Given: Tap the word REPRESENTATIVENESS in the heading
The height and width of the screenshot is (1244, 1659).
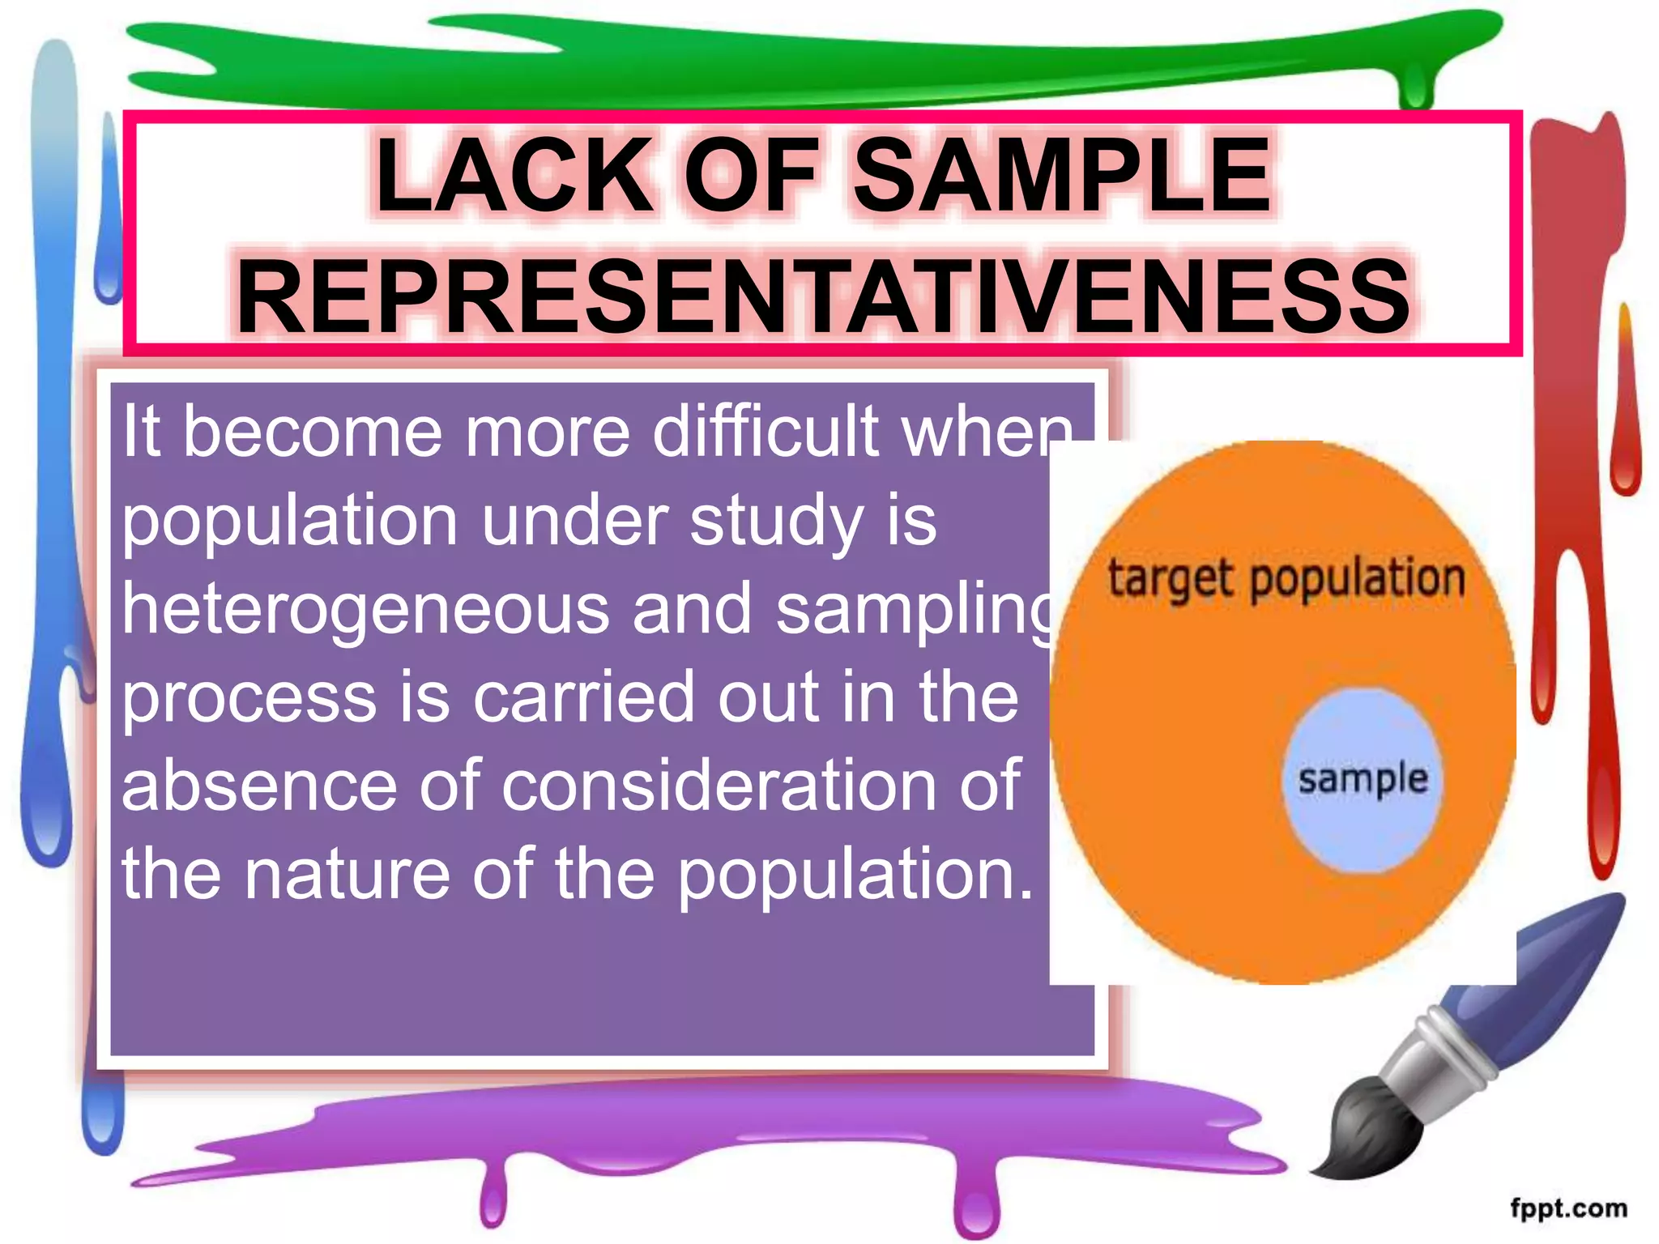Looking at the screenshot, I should click(822, 296).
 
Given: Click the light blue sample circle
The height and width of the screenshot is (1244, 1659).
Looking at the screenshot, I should click(1363, 779).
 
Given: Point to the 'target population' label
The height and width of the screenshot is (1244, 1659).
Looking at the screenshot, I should click(1286, 579).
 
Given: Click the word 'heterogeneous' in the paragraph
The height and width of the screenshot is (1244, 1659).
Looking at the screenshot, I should click(365, 609).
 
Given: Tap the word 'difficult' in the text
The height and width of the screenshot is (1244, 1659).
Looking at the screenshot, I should click(766, 431).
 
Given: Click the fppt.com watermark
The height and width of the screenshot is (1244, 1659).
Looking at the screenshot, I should click(1568, 1208).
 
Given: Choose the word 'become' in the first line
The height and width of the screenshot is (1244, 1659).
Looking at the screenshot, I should click(312, 431).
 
